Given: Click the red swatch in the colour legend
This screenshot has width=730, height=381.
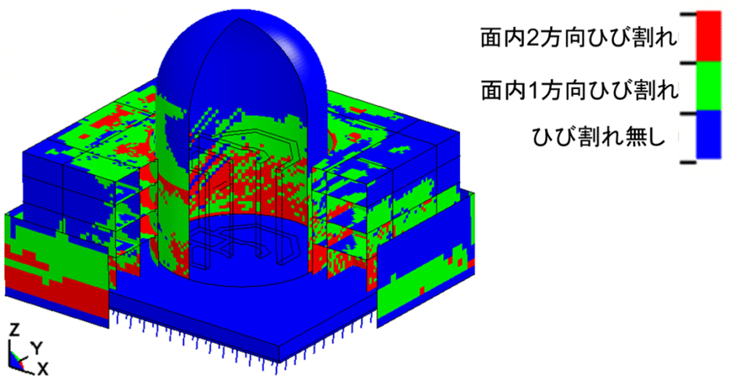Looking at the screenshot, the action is tap(708, 36).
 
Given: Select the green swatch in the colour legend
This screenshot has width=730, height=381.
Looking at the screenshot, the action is tap(708, 87).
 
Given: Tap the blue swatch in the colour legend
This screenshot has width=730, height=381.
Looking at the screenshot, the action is tap(708, 135).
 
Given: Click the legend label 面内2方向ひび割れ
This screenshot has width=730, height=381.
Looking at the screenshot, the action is tap(579, 38).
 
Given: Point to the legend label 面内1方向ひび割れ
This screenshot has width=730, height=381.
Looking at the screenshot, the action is tap(579, 90).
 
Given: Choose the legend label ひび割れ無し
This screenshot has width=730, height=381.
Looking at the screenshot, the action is tap(599, 137).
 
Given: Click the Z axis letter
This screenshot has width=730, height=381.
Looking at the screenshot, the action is tap(15, 330).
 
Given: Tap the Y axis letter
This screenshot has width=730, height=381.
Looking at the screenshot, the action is tap(36, 347).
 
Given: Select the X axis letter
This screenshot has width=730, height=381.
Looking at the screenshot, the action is tap(42, 369).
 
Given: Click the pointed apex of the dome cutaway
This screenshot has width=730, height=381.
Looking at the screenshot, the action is tap(239, 19).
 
